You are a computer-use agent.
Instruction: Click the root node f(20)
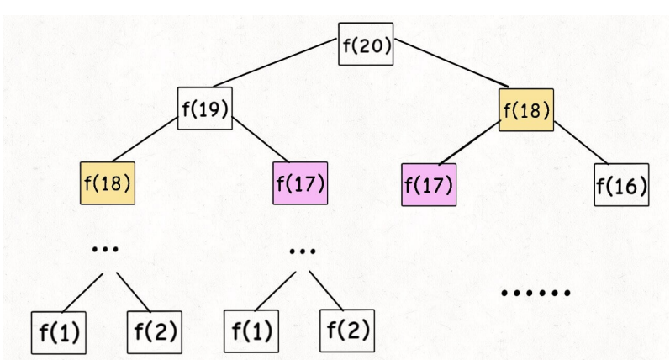[x=366, y=45]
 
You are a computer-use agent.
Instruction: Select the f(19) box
[x=204, y=109]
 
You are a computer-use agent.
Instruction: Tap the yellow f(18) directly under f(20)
[x=526, y=109]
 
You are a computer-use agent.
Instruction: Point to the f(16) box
[x=621, y=184]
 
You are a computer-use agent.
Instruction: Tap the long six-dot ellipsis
[x=535, y=294]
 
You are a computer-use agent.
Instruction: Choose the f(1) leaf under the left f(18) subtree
[x=58, y=332]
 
